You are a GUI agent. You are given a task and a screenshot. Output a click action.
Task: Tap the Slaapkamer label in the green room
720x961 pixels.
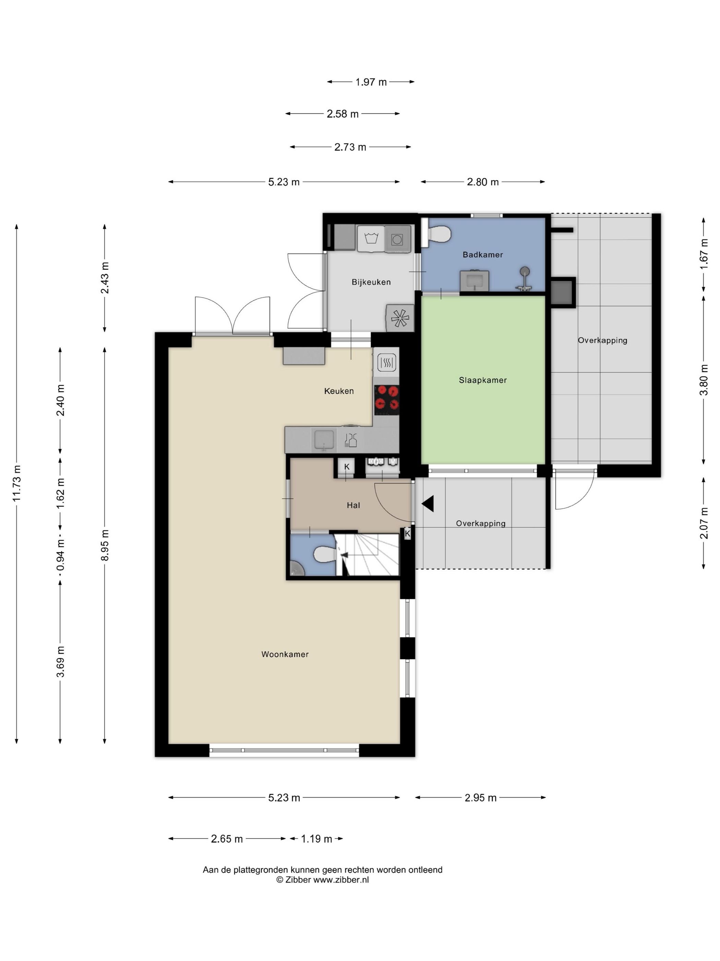point(483,380)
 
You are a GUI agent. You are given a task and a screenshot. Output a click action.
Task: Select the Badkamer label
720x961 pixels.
point(483,255)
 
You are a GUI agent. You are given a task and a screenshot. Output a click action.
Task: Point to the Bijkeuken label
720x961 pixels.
point(371,282)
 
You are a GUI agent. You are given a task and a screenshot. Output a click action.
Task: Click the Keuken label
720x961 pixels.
point(339,391)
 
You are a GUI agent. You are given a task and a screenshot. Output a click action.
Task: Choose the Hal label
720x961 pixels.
point(353,505)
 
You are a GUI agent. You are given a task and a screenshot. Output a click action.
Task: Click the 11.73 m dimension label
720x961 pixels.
point(17,483)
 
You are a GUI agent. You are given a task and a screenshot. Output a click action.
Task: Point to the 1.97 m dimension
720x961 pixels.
point(371,82)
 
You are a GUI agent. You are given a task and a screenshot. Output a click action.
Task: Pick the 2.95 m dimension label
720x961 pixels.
point(480,798)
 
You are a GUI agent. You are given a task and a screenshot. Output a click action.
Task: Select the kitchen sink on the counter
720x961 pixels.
point(324,440)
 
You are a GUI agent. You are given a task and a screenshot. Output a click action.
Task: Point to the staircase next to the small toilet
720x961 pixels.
point(367,555)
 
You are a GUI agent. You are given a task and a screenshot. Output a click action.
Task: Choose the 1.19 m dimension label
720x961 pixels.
point(316,839)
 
